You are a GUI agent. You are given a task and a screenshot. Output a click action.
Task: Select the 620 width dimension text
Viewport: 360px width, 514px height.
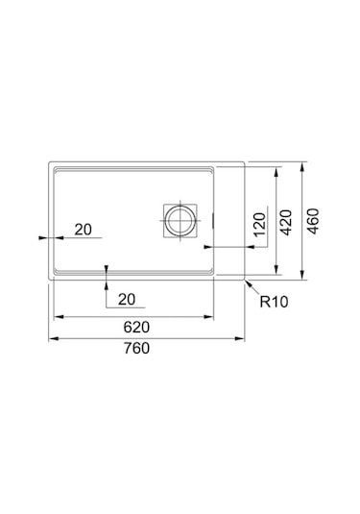[136, 326]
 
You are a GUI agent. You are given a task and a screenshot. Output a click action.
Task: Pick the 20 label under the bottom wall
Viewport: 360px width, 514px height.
[127, 299]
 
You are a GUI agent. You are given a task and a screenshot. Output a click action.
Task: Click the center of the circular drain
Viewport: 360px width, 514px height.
[179, 219]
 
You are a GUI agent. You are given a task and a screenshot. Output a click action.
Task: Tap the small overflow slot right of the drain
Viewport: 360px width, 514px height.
[211, 219]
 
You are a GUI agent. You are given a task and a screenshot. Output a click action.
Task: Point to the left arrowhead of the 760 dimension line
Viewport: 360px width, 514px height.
[51, 338]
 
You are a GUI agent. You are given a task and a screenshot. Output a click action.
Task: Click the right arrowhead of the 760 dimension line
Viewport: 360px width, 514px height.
[246, 338]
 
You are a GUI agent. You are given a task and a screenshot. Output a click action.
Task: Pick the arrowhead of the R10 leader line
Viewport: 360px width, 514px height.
[247, 283]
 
